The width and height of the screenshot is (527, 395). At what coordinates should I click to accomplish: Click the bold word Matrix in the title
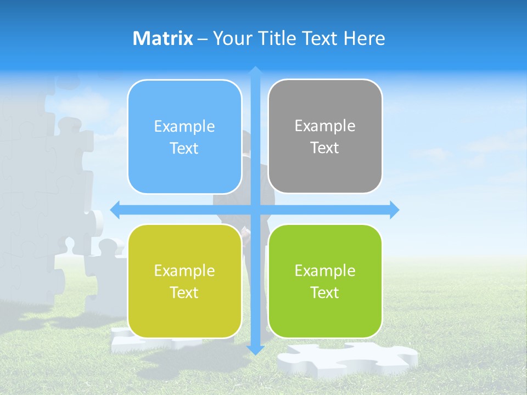pyautogui.click(x=162, y=38)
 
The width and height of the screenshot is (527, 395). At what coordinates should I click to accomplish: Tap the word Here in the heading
pyautogui.click(x=364, y=38)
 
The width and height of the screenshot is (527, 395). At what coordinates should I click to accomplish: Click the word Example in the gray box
pyautogui.click(x=325, y=126)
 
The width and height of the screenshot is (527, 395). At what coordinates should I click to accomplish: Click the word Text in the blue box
pyautogui.click(x=184, y=149)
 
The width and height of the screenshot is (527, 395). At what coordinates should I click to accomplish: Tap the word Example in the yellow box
pyautogui.click(x=184, y=270)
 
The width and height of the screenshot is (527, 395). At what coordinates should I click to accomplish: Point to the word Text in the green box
pyautogui.click(x=325, y=292)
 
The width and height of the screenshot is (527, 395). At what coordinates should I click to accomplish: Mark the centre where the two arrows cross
pyautogui.click(x=255, y=210)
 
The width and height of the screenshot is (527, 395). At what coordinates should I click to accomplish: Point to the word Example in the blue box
pyautogui.click(x=184, y=127)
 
